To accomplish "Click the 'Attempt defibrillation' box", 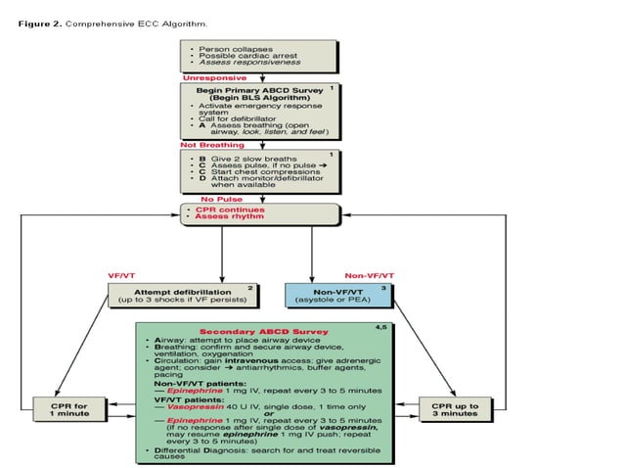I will (182, 294).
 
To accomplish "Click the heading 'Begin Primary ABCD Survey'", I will (256, 89).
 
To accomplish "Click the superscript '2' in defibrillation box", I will (250, 288).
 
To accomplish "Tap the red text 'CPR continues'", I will (223, 210).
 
